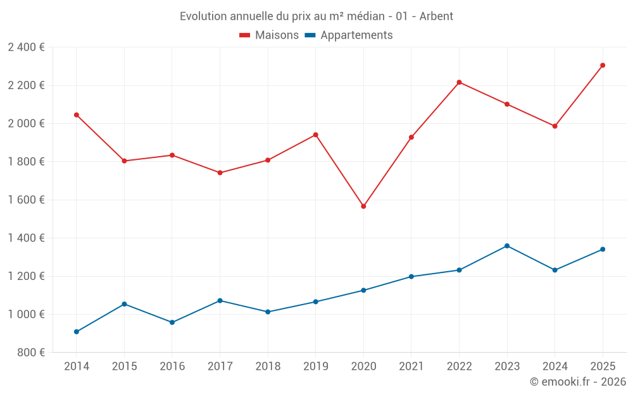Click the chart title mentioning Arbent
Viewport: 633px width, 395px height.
click(x=316, y=16)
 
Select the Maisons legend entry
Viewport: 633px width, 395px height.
click(x=269, y=35)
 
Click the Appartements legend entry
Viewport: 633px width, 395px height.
click(x=349, y=35)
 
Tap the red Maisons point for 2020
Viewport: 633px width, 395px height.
click(x=363, y=206)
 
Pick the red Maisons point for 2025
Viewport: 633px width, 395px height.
click(x=603, y=65)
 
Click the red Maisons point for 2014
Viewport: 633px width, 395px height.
click(x=77, y=115)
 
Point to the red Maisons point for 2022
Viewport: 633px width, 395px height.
click(x=459, y=82)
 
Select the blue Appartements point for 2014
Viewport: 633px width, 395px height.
click(x=77, y=332)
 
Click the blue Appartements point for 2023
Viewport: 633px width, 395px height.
click(x=507, y=246)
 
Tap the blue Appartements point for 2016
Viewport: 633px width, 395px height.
click(x=172, y=322)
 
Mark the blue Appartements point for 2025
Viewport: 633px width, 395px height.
click(x=603, y=249)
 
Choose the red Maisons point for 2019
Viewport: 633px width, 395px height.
click(x=316, y=135)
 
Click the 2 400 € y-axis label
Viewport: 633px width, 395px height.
click(x=26, y=47)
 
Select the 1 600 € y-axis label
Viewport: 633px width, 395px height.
click(x=26, y=200)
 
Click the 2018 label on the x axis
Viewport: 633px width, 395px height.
click(x=268, y=366)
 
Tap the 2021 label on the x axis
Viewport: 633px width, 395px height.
click(x=411, y=366)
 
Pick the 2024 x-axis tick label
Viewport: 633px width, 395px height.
click(x=555, y=366)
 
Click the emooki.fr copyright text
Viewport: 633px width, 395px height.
click(x=577, y=382)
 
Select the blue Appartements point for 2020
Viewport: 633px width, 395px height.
click(x=363, y=290)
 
